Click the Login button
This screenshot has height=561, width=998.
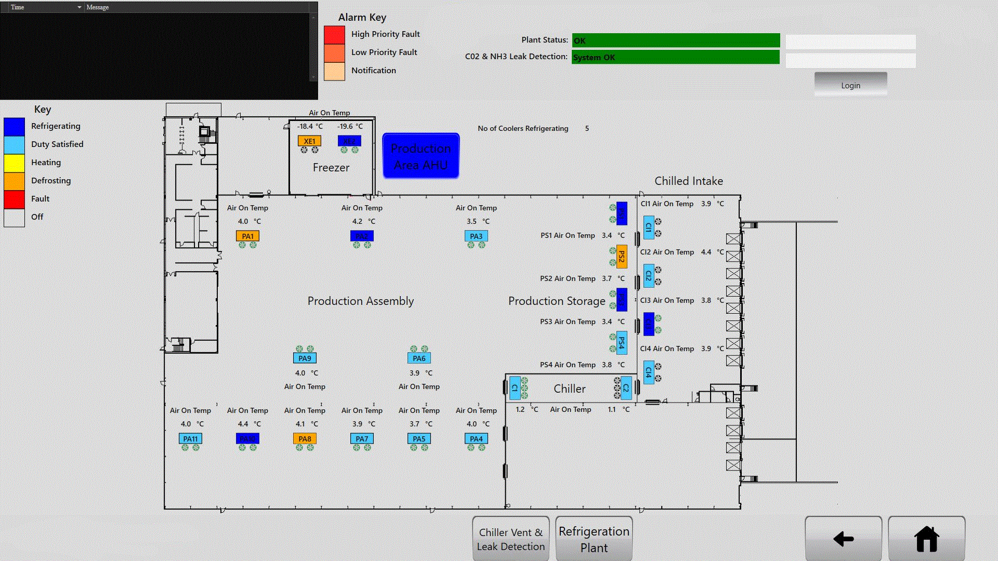pos(850,85)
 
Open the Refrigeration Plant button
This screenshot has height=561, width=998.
pos(594,539)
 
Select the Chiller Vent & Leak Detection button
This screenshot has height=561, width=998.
pos(510,539)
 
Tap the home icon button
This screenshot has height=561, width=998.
pos(926,539)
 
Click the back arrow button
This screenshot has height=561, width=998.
pos(843,539)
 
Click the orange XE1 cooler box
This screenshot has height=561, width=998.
pos(309,141)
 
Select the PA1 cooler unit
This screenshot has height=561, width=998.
pos(247,236)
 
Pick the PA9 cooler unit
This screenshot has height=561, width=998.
pos(305,358)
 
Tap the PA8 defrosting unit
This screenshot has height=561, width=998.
pos(305,438)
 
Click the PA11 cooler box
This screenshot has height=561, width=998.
pos(190,438)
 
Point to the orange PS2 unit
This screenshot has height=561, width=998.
pos(622,257)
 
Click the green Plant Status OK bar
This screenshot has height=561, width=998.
pos(676,41)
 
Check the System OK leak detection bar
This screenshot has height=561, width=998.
pos(676,57)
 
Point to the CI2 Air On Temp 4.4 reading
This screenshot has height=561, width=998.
pos(706,252)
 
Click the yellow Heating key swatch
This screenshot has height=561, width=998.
pos(14,163)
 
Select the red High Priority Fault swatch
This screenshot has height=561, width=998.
pos(334,34)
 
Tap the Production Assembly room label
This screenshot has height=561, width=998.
pos(360,301)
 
